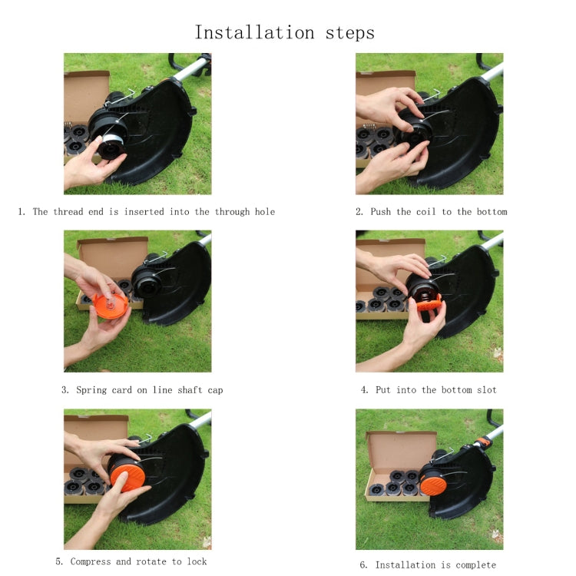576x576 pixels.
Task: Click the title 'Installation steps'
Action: point(284,32)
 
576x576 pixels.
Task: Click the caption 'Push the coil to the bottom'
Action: point(431,211)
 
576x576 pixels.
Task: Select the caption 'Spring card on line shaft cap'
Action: point(142,390)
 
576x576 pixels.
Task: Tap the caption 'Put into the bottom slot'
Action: point(429,390)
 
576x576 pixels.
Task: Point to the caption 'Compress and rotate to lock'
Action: point(131,561)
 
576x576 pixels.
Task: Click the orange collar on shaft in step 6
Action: point(482,441)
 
